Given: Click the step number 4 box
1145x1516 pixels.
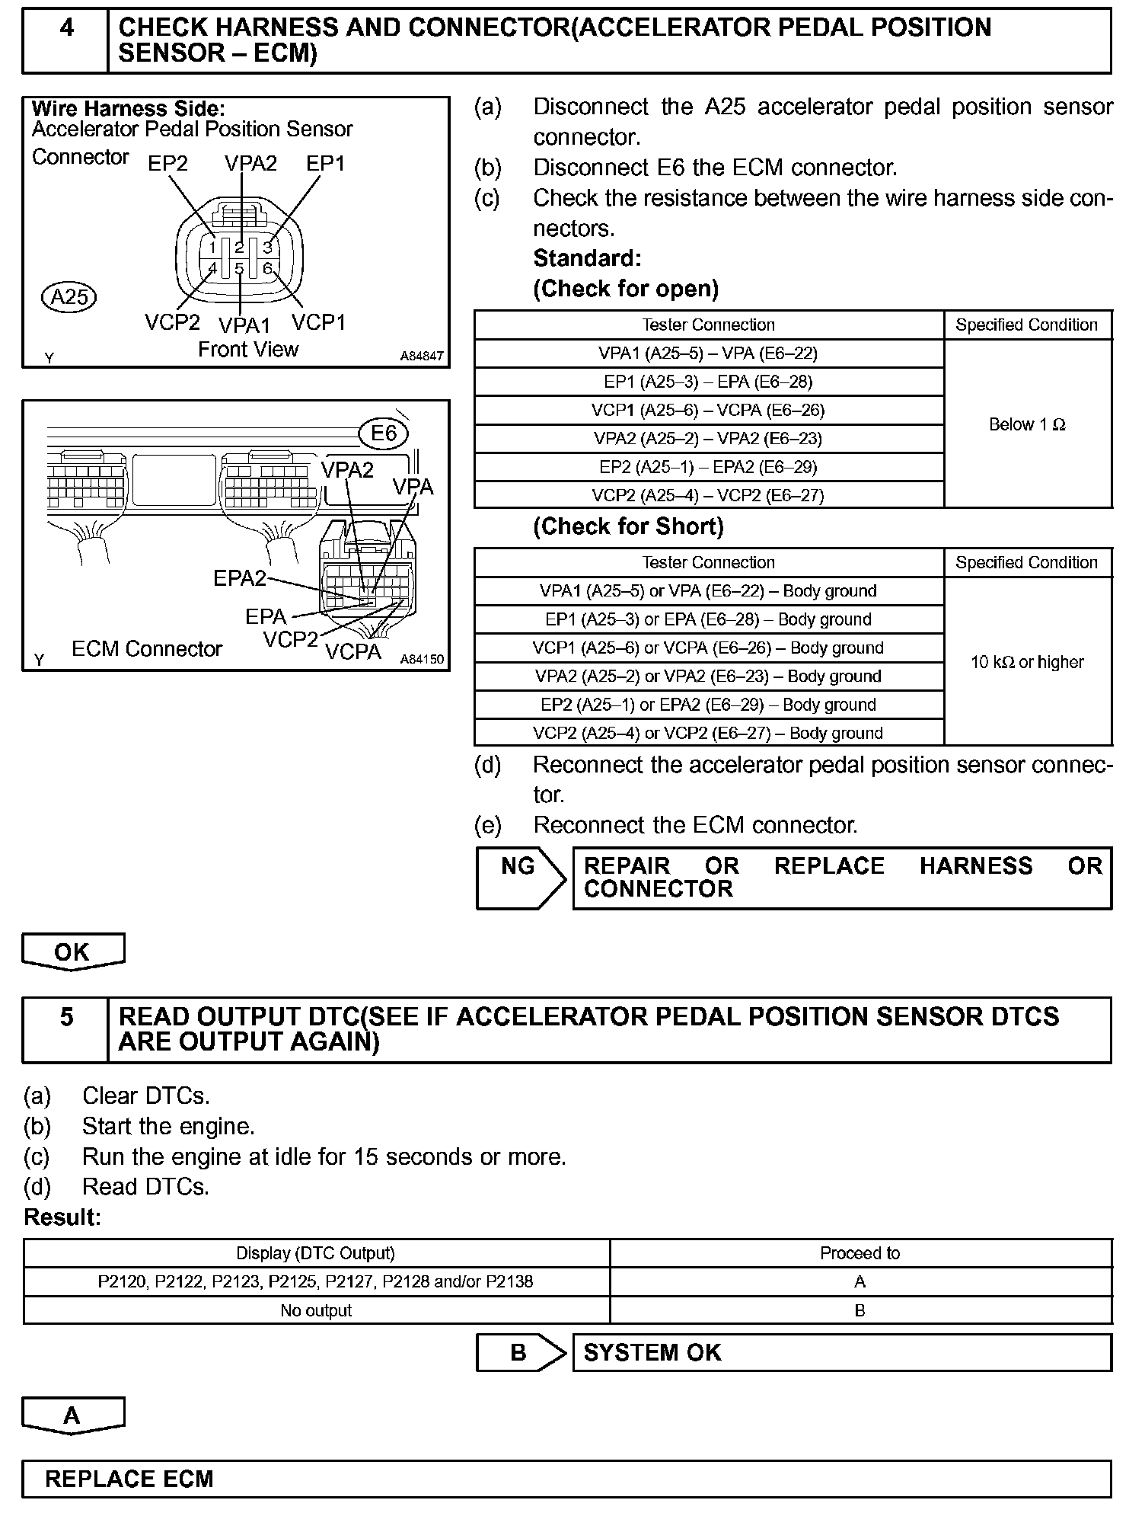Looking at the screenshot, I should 66,40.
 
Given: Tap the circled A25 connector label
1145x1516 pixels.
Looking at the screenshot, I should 69,296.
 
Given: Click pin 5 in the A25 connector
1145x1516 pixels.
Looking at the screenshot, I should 239,268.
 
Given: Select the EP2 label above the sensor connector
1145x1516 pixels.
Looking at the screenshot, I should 167,164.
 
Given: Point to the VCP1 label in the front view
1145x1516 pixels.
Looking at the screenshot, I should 318,323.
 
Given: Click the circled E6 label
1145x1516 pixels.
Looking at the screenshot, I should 384,433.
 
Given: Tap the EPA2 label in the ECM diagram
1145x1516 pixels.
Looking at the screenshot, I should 239,579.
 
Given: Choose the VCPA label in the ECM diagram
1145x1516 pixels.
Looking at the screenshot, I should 353,652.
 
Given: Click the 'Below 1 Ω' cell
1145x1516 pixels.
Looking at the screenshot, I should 1027,424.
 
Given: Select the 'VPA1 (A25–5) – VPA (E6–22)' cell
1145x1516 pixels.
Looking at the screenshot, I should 708,353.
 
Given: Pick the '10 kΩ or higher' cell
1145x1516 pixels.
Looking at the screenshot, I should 1027,662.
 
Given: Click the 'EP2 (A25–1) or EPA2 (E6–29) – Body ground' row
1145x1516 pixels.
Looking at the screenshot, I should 708,705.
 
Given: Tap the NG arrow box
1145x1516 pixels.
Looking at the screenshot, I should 521,878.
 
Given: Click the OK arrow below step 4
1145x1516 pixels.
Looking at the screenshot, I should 73,951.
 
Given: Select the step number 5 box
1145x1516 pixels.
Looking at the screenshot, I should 66,1030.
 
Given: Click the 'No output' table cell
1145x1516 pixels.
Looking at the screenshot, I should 316,1310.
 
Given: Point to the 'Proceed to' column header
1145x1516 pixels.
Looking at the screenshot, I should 860,1253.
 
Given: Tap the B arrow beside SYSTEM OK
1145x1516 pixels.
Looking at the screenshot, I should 521,1352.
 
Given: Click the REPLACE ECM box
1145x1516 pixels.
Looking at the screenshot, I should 566,1479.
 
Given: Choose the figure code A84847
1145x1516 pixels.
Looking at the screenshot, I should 422,356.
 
